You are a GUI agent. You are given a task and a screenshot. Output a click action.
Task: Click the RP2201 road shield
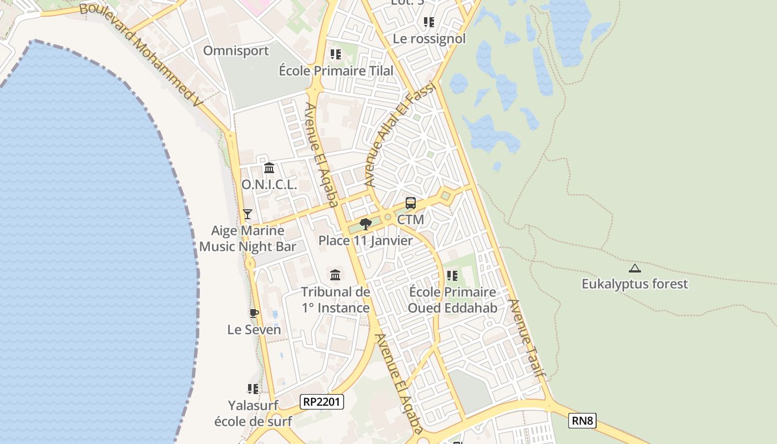[322, 402]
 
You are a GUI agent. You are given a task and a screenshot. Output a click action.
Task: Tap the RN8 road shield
[582, 421]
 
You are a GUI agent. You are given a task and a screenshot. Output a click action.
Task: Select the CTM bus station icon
[411, 203]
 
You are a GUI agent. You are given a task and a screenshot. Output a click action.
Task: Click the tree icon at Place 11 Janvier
[365, 224]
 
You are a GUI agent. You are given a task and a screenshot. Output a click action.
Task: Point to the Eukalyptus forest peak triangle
[635, 269]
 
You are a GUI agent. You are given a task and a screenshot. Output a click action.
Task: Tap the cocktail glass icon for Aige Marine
[248, 214]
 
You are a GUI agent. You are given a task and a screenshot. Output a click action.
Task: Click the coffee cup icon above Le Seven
[254, 314]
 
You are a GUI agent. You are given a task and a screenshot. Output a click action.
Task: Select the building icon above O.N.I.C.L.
[269, 168]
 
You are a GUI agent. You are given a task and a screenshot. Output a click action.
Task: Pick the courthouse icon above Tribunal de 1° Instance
[335, 275]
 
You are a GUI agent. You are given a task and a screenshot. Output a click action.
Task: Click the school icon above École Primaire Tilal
[335, 54]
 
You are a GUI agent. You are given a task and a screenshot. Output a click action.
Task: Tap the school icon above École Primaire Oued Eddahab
[452, 276]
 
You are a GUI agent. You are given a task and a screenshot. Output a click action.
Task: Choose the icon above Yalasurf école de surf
[253, 389]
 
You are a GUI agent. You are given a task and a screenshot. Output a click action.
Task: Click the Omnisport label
[236, 51]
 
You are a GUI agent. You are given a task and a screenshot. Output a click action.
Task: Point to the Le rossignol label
[429, 39]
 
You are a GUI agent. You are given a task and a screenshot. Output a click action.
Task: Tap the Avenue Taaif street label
[526, 339]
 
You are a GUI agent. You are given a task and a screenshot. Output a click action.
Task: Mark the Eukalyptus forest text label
[634, 284]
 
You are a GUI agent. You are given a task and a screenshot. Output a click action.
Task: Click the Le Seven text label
[254, 330]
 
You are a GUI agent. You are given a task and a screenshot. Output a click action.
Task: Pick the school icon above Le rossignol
[429, 22]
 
